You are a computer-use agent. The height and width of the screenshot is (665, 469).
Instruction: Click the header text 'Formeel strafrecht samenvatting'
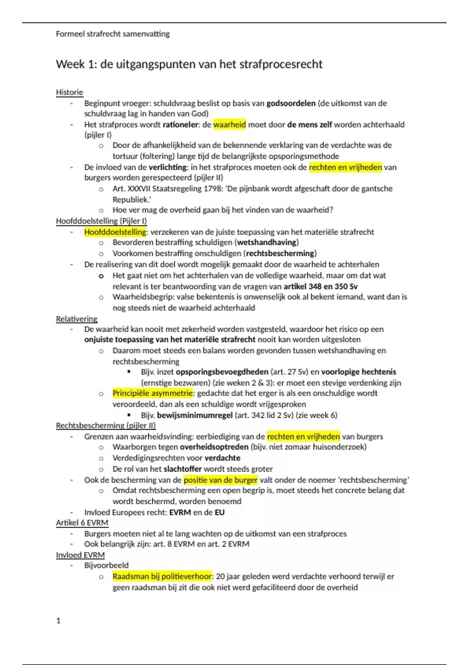[113, 34]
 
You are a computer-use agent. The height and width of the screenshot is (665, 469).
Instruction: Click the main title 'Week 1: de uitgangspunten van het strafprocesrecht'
[189, 64]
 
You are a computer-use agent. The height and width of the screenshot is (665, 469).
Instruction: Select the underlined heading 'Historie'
[70, 92]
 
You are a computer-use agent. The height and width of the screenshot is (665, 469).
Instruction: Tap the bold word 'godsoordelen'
[291, 103]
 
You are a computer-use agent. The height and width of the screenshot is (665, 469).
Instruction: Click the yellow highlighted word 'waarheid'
[229, 125]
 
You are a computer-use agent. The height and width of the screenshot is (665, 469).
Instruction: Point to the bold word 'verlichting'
[168, 167]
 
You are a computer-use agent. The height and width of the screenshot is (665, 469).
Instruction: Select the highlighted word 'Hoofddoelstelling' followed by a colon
[115, 232]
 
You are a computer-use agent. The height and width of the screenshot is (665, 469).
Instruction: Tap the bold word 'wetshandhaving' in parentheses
[268, 243]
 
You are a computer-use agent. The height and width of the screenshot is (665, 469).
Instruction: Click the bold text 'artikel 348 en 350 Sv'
[320, 286]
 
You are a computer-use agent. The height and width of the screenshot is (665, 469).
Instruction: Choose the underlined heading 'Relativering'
[77, 319]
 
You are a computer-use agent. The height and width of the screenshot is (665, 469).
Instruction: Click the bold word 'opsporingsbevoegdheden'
[222, 372]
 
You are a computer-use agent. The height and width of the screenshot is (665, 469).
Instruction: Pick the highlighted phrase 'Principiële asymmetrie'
[153, 393]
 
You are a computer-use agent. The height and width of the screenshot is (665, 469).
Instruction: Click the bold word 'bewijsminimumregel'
[195, 415]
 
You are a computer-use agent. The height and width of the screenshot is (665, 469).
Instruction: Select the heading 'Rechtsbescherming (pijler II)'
[106, 426]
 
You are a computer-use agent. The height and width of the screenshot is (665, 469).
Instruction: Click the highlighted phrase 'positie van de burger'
[220, 480]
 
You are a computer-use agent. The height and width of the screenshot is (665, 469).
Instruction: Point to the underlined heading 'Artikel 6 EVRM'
[82, 523]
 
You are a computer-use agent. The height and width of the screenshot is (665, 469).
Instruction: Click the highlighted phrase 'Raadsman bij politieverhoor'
[162, 576]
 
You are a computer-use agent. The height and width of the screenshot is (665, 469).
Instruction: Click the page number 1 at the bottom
[58, 621]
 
